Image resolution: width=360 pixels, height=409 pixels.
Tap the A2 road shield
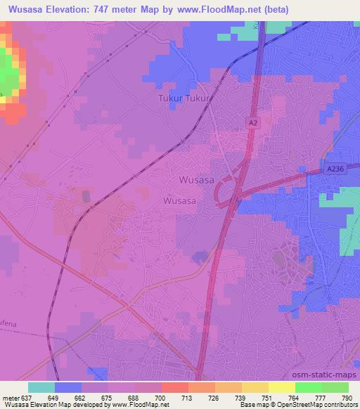pyautogui.click(x=253, y=122)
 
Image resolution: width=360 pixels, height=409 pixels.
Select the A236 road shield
pyautogui.click(x=336, y=169)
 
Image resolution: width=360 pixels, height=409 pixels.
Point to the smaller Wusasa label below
pyautogui.click(x=179, y=200)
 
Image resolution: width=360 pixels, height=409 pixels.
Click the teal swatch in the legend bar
pyautogui.click(x=41, y=387)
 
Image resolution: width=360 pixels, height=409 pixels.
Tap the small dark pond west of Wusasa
pyautogui.click(x=86, y=197)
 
